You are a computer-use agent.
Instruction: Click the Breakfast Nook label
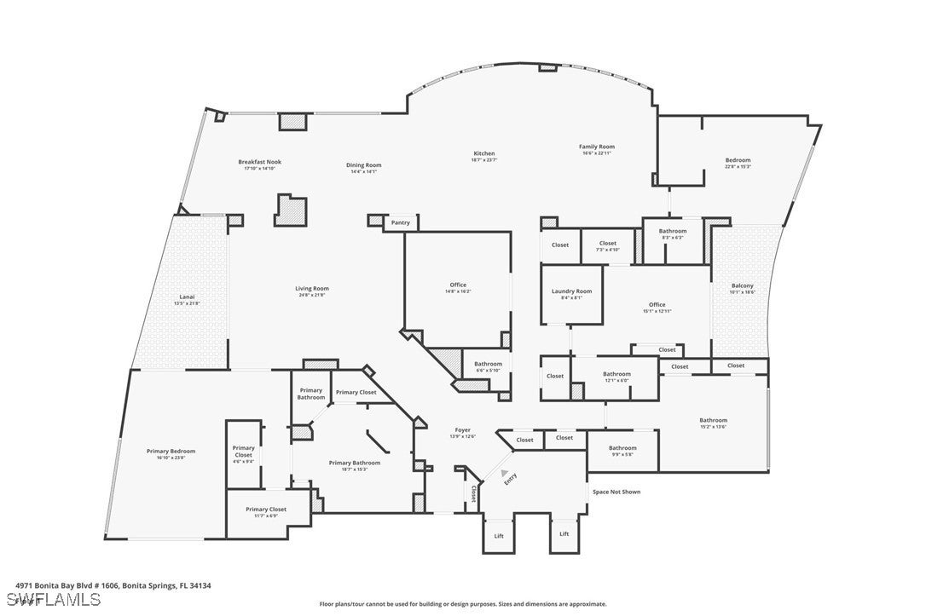(x=259, y=162)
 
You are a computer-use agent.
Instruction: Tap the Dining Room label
(x=363, y=165)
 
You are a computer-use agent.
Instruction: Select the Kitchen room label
(x=483, y=154)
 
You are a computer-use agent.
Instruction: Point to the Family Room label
(x=597, y=147)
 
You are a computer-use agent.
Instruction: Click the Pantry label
(x=400, y=223)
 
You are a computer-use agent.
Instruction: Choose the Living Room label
(x=313, y=289)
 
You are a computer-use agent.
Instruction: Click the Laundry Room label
(x=571, y=291)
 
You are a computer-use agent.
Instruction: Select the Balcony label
(x=742, y=286)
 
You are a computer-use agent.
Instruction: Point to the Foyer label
(x=462, y=430)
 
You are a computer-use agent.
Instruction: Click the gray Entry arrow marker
(x=506, y=471)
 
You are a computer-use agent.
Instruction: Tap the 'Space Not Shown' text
(x=616, y=492)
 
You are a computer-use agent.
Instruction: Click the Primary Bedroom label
(x=171, y=452)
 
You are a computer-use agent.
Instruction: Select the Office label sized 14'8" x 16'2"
(x=458, y=285)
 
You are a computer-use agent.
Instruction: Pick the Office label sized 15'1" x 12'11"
(x=656, y=305)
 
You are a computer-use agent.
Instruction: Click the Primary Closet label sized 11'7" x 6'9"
(x=266, y=509)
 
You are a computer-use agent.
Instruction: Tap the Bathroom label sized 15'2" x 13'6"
(x=713, y=420)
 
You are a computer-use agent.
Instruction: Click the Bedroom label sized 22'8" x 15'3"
(x=738, y=160)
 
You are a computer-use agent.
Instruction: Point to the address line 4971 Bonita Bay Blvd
(x=113, y=585)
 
